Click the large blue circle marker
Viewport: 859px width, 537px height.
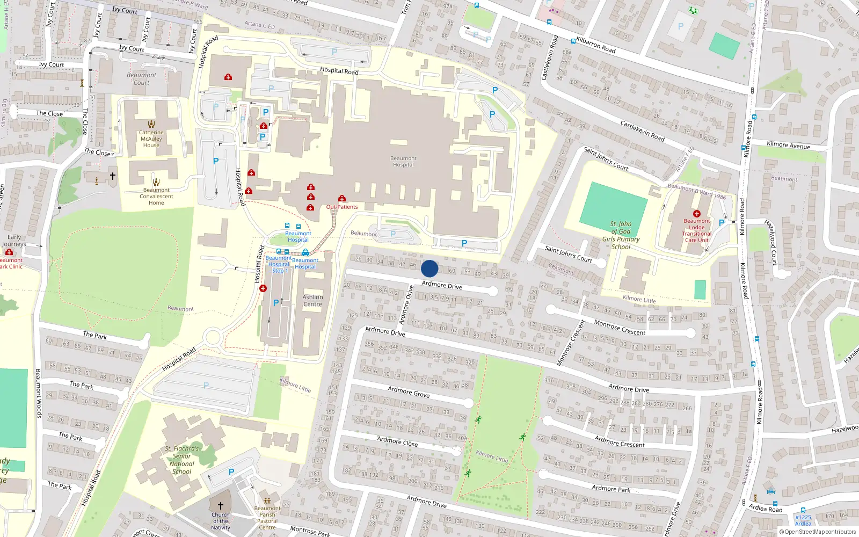pos(429,268)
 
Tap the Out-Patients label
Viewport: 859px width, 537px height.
pos(342,207)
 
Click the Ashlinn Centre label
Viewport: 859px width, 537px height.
pos(312,301)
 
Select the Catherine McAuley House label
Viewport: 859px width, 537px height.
pos(151,139)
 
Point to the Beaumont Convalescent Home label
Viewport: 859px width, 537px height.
pos(156,196)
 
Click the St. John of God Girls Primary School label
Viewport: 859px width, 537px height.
pos(621,235)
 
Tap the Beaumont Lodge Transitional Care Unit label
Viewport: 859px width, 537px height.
pos(697,230)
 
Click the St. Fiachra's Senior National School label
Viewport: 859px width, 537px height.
pos(182,460)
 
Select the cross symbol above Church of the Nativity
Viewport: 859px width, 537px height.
pos(220,506)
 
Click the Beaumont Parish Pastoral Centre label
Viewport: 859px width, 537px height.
pos(267,518)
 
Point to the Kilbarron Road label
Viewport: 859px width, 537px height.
pos(596,45)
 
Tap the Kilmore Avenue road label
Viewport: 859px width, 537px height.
pos(789,145)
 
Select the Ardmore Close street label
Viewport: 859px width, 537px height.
pos(397,441)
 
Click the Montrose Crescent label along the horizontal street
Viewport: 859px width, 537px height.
pos(620,328)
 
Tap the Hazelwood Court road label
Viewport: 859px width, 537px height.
pos(771,242)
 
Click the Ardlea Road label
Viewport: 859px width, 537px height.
pos(766,508)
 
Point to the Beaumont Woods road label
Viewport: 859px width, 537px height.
pos(39,393)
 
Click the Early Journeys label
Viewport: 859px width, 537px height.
pos(14,241)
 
